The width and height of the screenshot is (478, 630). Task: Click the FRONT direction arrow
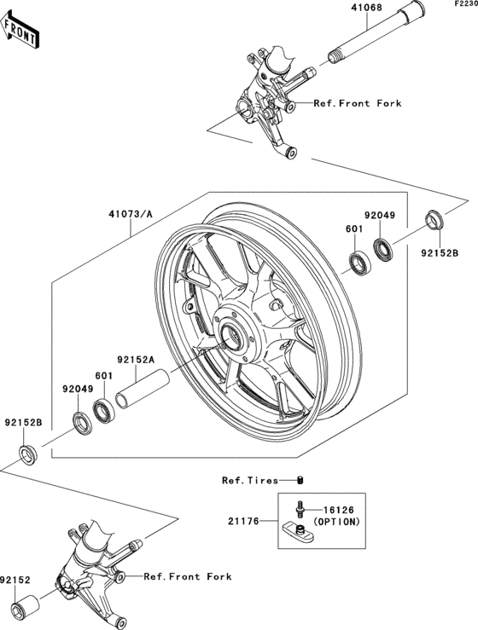(20, 30)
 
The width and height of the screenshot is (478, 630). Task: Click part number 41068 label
(366, 7)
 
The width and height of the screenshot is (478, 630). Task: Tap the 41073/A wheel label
(131, 214)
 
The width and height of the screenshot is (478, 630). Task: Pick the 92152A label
(136, 359)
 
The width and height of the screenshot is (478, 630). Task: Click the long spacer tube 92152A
(142, 389)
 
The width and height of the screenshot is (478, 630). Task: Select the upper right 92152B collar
(434, 220)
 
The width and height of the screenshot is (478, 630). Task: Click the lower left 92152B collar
(28, 455)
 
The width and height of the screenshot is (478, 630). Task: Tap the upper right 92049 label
(380, 216)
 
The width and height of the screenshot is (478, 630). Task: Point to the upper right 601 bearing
(359, 263)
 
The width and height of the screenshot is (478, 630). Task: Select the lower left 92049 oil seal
(83, 423)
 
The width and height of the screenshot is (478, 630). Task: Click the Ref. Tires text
(250, 480)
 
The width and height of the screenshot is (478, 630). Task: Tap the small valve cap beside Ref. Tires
(300, 480)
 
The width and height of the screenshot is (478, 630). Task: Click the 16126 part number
(339, 510)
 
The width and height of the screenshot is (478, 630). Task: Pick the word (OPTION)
(336, 522)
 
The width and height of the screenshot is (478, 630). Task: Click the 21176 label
(243, 521)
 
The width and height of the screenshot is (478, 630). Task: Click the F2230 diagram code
(466, 3)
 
